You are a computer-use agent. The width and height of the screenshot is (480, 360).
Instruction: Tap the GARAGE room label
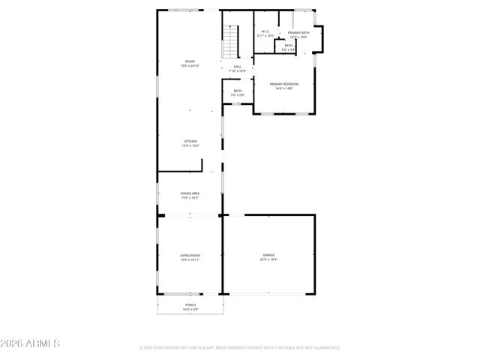click(268, 255)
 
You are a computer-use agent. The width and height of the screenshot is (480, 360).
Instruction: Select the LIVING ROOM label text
click(190, 255)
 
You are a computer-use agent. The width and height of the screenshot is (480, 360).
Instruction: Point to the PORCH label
click(190, 304)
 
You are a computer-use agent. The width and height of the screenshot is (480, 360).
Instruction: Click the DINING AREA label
click(190, 193)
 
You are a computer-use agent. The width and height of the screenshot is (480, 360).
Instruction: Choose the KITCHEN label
click(190, 141)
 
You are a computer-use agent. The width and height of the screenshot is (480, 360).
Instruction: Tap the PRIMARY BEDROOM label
click(284, 84)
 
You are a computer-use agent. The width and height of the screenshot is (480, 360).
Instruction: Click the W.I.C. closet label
click(265, 32)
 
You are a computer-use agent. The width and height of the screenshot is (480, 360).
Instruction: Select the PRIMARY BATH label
click(298, 32)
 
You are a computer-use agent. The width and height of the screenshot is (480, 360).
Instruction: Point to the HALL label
click(238, 67)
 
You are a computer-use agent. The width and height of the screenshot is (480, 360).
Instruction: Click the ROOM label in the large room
click(190, 61)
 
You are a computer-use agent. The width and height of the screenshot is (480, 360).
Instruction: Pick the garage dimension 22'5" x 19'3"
click(268, 259)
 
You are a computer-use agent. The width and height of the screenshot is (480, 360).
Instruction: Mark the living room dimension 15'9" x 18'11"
click(190, 259)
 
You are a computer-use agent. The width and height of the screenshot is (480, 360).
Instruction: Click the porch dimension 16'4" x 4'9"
click(190, 309)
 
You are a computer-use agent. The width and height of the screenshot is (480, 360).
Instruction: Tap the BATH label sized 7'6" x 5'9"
click(237, 91)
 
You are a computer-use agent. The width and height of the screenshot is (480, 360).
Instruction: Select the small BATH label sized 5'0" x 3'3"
click(288, 46)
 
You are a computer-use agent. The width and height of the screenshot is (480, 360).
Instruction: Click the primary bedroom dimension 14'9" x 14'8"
click(284, 88)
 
